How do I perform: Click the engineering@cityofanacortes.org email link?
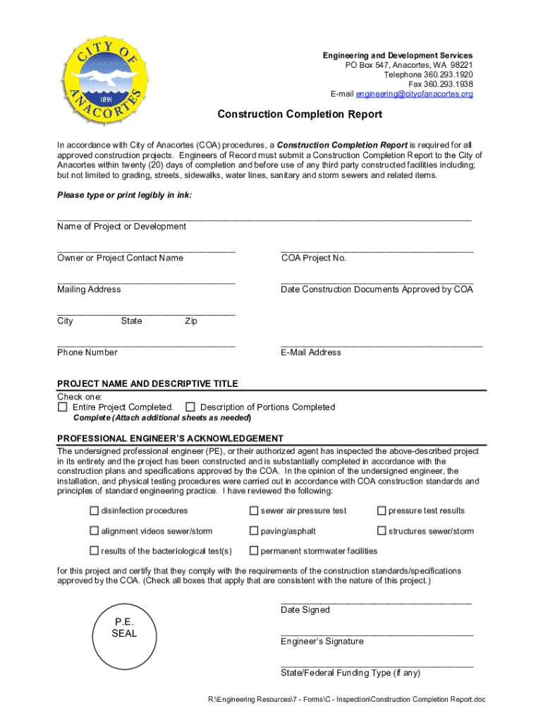point(414,94)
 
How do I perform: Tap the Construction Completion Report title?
point(300,114)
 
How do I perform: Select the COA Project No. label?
point(314,258)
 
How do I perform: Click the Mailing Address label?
point(89,289)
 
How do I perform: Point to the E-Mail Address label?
point(311,352)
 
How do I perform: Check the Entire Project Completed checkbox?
point(63,407)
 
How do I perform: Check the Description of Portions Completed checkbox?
point(190,407)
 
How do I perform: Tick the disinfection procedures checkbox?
point(94,510)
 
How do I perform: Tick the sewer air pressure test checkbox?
point(254,510)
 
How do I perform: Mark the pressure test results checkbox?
point(382,510)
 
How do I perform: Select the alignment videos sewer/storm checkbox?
point(94,531)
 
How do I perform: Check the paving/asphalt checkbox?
point(254,531)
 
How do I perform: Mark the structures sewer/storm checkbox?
point(382,531)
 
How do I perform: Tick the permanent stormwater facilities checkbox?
point(254,551)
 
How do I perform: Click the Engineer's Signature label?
point(322,642)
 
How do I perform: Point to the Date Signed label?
point(305,610)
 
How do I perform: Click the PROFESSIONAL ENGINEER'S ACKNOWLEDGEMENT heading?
point(170,438)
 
